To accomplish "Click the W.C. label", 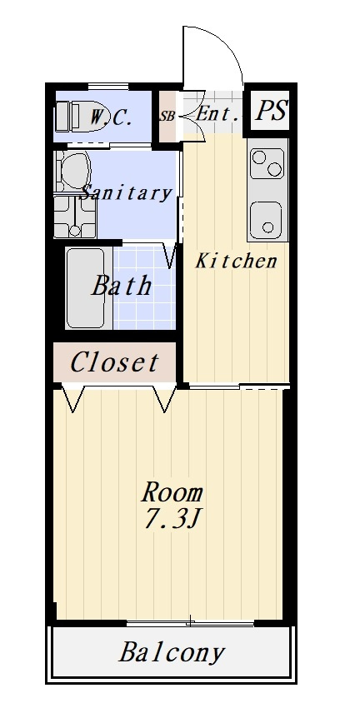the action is pos(111,118).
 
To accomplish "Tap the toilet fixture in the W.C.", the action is pos(79,117).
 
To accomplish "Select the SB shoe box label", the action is pos(167,117).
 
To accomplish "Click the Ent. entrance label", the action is pos(217,115).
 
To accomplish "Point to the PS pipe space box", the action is pos(271,111).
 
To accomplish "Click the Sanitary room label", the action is pos(126,192).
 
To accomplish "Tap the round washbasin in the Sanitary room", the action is pos(73,171).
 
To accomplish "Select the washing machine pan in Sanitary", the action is pos(75,217).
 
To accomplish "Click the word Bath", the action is pos(122,286).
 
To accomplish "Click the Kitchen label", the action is pos(237,262).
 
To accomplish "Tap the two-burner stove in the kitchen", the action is pos(267,163).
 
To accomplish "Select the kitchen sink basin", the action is pos(267,220).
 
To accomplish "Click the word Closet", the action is pos(114,362).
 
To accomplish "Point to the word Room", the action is pos(172,493).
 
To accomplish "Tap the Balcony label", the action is pos(172,653).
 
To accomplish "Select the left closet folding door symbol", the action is pos(73,397).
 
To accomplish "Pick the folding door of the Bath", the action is pos(170,256).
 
